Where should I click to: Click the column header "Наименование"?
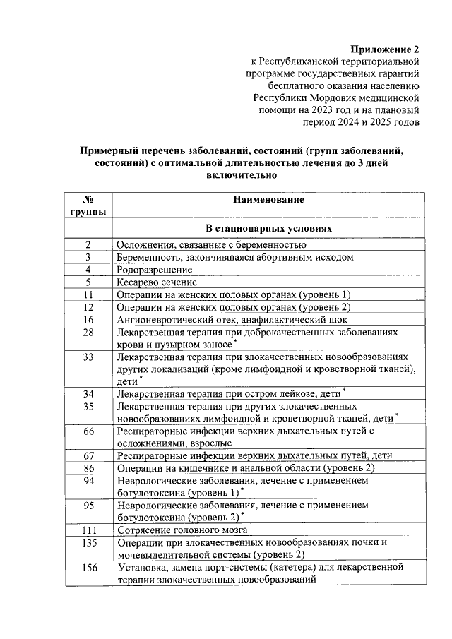point(269,200)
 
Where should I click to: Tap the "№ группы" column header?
point(88,205)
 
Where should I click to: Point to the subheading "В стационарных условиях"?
point(269,229)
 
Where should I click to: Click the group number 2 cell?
point(88,244)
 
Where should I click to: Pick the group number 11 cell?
point(88,294)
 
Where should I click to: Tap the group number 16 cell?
point(88,319)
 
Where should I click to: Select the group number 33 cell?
point(88,357)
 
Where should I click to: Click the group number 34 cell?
point(88,393)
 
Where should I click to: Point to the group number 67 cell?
point(88,455)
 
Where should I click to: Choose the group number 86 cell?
point(88,467)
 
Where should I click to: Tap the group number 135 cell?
point(88,542)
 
